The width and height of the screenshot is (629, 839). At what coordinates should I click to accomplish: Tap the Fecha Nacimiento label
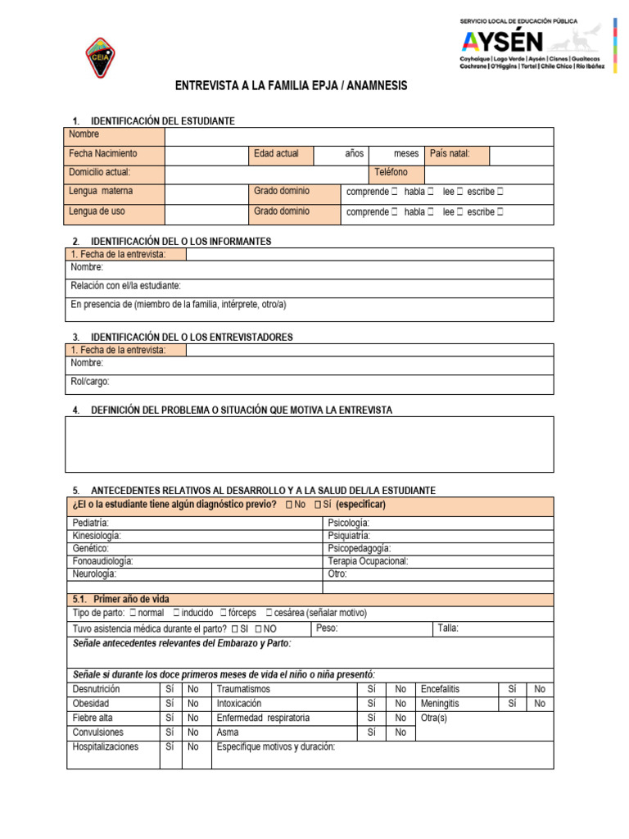point(103,154)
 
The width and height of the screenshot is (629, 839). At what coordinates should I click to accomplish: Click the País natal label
point(449,154)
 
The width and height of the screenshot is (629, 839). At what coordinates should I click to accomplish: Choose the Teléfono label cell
point(391,173)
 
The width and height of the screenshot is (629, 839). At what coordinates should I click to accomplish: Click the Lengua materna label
point(102,192)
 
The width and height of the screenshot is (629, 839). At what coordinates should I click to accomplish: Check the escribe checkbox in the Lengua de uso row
point(500,212)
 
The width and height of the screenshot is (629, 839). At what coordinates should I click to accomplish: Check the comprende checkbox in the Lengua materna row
point(395,192)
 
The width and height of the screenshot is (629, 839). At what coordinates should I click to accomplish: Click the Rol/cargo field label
point(90,382)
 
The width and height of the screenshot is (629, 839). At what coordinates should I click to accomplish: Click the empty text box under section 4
point(310,445)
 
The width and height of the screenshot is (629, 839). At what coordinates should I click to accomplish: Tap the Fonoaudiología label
point(103,561)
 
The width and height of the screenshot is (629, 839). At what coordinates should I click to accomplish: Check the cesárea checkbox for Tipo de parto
point(269,613)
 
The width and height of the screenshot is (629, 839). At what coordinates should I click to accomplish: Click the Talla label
point(448,628)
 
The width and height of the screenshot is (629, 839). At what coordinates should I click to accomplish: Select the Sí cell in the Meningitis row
point(513,704)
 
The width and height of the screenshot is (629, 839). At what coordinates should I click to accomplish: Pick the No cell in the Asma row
point(400,732)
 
